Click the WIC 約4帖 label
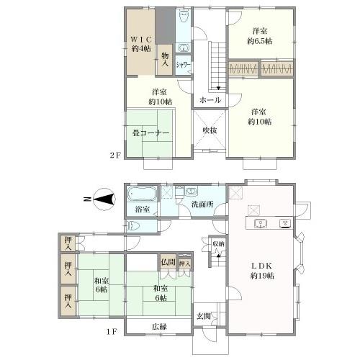coord(141,44)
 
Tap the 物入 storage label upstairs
coord(165,59)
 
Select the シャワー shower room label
coord(183,65)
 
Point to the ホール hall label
coord(210,100)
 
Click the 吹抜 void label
coord(210,130)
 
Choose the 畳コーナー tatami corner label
coord(150,133)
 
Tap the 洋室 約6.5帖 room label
coord(260,36)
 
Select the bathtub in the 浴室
coord(142,194)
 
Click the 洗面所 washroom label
coord(202,204)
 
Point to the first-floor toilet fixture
coord(134,226)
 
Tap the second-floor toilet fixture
coord(184,16)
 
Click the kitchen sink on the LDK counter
coord(260,224)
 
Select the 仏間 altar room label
coord(168,261)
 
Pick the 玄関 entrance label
coord(204,316)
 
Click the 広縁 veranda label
coord(159,327)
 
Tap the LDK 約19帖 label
coord(262,271)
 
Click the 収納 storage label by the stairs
coord(218,244)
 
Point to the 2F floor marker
coord(114,156)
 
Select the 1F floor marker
coord(112,332)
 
